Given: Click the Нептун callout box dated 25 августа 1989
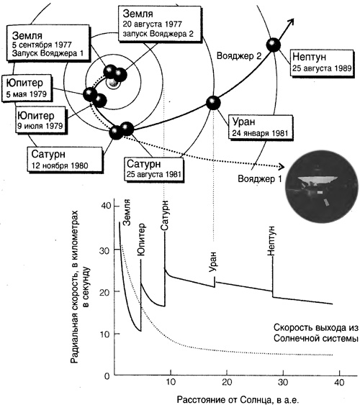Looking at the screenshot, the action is [x=322, y=63].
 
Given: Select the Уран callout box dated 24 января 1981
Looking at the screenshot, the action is [x=261, y=127].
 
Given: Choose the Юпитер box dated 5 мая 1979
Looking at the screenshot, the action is [x=27, y=88].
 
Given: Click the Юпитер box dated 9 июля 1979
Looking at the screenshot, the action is [x=41, y=121].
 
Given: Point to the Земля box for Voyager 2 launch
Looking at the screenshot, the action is [x=159, y=23].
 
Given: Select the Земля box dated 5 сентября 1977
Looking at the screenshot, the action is [x=48, y=43].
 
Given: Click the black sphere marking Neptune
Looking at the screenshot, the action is [x=273, y=45].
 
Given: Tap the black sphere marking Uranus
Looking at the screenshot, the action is [x=213, y=103].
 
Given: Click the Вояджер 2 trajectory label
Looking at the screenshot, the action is [x=239, y=56].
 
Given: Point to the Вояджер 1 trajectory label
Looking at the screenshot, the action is [x=259, y=179].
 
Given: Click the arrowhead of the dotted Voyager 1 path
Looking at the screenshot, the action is [x=282, y=167].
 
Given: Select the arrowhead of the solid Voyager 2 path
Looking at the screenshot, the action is [x=291, y=22].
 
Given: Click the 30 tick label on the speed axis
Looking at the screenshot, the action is [x=105, y=250].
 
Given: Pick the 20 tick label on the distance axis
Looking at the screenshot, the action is [x=227, y=382].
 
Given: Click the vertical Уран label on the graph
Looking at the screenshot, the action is [x=213, y=261].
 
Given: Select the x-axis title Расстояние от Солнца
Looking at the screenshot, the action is [x=238, y=399].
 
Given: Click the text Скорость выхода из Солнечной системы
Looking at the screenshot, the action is [x=316, y=333].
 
